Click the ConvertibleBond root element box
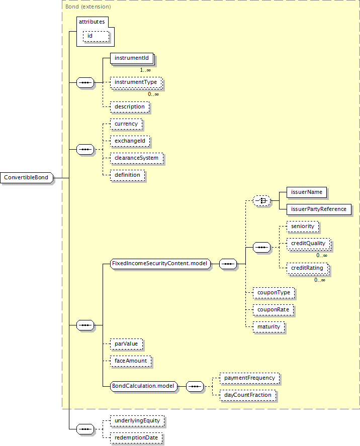click(x=27, y=177)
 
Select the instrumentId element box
click(x=132, y=58)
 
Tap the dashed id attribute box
click(x=96, y=36)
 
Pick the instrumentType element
click(x=136, y=82)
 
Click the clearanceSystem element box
click(x=137, y=158)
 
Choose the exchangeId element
click(x=130, y=141)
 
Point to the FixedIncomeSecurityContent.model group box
click(x=160, y=264)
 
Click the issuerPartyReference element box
click(x=319, y=209)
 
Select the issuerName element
click(x=307, y=192)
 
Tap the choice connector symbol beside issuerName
click(x=261, y=201)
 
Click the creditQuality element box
click(x=308, y=244)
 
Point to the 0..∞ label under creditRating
click(x=320, y=280)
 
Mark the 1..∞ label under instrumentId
click(x=145, y=70)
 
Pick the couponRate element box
click(x=274, y=310)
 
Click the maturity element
click(x=269, y=327)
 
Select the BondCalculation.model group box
click(x=144, y=386)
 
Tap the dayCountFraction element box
click(x=248, y=395)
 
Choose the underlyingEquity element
click(x=137, y=421)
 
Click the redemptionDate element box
click(x=136, y=438)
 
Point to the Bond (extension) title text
click(x=88, y=7)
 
